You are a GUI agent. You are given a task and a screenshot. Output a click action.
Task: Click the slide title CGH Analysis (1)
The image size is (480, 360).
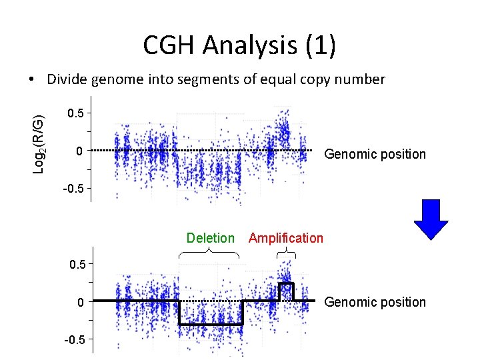[239, 45]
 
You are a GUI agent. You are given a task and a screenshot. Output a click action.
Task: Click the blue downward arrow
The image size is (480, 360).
[431, 219]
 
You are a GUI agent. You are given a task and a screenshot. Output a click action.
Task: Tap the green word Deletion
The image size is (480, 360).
[211, 238]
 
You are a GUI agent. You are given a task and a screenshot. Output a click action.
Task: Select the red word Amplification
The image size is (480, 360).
[285, 238]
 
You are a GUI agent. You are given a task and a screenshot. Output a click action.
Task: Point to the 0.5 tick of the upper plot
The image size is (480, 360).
[76, 114]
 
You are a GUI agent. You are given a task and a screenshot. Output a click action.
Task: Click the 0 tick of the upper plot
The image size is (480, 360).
[79, 151]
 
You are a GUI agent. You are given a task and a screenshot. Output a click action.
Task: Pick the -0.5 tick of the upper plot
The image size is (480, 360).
[73, 189]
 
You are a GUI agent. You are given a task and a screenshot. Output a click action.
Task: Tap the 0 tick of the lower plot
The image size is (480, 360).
[79, 302]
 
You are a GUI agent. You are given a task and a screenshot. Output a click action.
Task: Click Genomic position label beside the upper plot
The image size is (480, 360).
[374, 154]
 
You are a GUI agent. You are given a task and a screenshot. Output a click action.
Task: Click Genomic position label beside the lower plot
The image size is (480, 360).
[374, 302]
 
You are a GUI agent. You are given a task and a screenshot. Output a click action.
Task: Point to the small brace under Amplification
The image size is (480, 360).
[286, 252]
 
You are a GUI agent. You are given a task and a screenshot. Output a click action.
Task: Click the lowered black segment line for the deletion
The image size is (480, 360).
[211, 324]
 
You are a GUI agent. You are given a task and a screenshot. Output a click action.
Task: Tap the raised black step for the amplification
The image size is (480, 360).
[286, 284]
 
